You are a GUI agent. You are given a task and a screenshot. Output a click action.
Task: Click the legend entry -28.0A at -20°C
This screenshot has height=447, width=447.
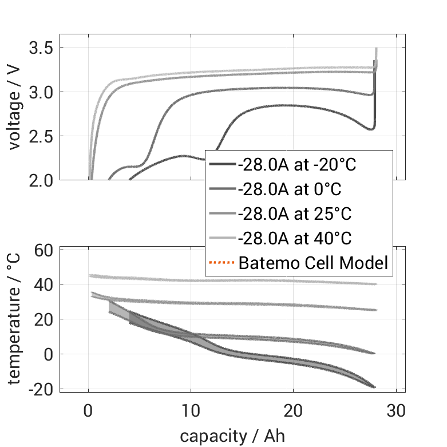(x=297, y=165)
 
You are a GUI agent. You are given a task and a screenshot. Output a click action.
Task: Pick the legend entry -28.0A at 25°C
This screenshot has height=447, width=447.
(x=294, y=214)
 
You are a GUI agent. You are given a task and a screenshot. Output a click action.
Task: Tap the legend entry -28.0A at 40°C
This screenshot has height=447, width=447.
(x=294, y=238)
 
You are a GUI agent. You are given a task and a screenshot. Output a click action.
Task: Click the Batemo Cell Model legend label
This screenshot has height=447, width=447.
(x=313, y=263)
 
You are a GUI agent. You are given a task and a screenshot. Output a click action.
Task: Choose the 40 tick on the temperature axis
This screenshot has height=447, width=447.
(x=45, y=284)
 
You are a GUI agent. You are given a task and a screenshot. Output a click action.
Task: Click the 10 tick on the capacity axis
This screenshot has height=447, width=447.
(x=191, y=410)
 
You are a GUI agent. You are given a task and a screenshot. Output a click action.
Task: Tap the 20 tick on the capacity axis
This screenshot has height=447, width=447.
(x=294, y=410)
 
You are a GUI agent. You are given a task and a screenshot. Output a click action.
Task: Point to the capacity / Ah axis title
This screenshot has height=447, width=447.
(x=232, y=436)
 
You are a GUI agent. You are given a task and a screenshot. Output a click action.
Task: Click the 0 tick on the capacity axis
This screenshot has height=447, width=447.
(x=89, y=410)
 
